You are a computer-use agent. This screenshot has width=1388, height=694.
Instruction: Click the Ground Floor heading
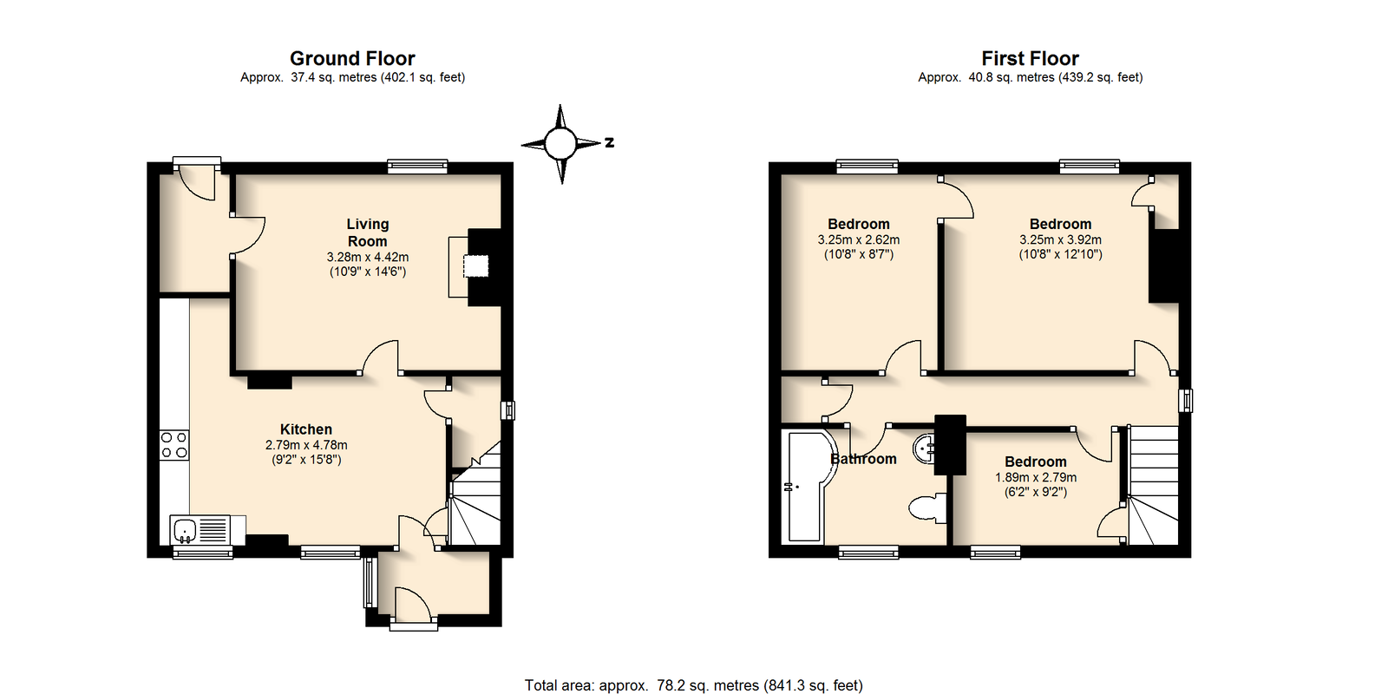pyautogui.click(x=352, y=58)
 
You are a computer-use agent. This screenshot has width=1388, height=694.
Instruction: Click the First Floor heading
pyautogui.click(x=1030, y=58)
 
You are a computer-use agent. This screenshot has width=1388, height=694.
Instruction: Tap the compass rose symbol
pyautogui.click(x=561, y=144)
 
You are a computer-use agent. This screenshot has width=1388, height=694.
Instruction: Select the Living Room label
pyautogui.click(x=368, y=232)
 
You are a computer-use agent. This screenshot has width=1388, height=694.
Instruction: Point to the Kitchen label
pyautogui.click(x=306, y=429)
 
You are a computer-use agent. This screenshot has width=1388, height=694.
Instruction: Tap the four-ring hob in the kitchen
pyautogui.click(x=174, y=445)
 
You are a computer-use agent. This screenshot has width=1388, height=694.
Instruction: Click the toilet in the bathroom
pyautogui.click(x=927, y=508)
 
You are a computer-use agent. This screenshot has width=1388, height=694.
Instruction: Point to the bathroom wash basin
pyautogui.click(x=925, y=448)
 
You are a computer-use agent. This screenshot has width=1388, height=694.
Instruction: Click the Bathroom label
pyautogui.click(x=863, y=459)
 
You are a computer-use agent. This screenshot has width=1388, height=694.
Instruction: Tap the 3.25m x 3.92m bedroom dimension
pyautogui.click(x=1060, y=239)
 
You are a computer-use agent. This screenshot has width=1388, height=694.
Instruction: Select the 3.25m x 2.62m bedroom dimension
pyautogui.click(x=858, y=239)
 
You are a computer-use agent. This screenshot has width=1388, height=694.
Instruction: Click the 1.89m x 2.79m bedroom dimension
pyautogui.click(x=1036, y=477)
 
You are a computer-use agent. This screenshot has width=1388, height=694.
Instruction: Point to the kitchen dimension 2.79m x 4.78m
pyautogui.click(x=306, y=445)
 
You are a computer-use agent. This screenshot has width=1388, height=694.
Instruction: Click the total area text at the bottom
pyautogui.click(x=693, y=685)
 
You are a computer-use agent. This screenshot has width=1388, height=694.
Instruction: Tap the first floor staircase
pyautogui.click(x=1153, y=485)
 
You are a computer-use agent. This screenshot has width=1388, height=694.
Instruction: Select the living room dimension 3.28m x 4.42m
pyautogui.click(x=368, y=257)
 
